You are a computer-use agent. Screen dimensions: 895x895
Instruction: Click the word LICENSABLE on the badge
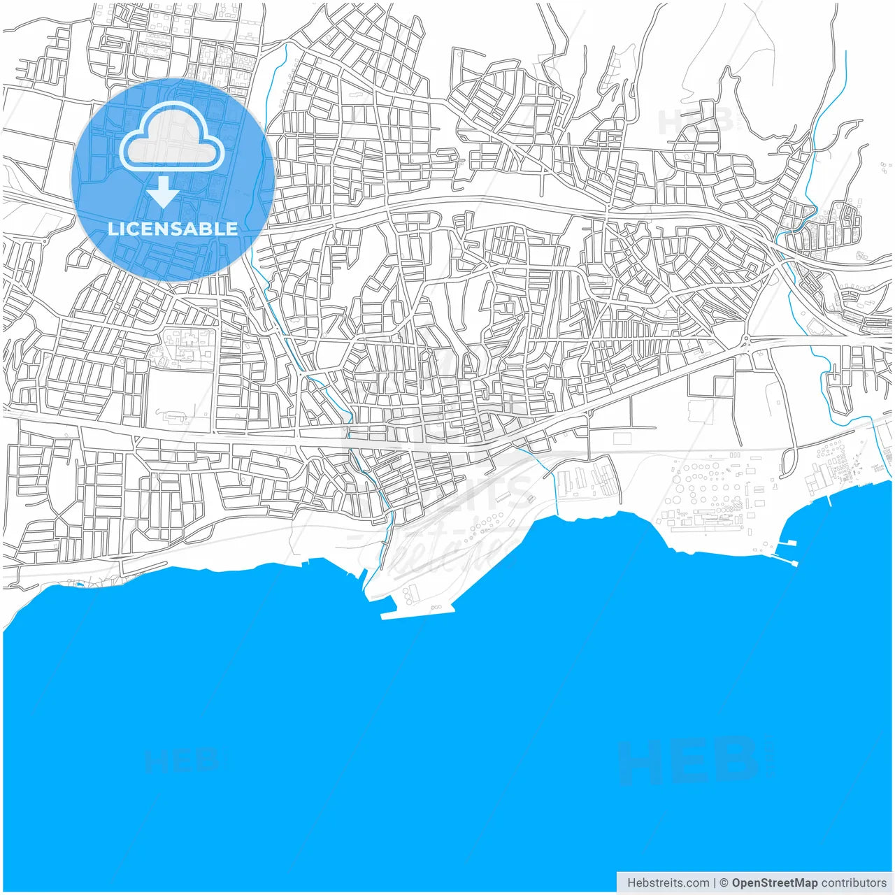[x=172, y=229]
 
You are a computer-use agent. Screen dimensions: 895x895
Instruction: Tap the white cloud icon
[x=172, y=138]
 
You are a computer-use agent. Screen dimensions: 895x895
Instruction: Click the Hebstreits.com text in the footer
[x=668, y=883]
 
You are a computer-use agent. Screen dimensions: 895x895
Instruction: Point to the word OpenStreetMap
[x=775, y=883]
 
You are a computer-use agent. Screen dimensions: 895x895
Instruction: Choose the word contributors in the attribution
[x=854, y=883]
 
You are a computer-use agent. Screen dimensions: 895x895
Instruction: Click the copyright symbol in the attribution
[x=724, y=883]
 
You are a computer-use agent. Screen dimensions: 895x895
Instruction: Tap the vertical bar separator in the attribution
[x=715, y=883]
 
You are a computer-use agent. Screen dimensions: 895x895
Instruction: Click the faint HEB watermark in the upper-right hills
[x=696, y=121]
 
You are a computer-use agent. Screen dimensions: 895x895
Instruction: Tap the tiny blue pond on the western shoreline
[x=79, y=583]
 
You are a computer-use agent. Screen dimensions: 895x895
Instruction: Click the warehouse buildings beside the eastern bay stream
[x=587, y=480]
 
